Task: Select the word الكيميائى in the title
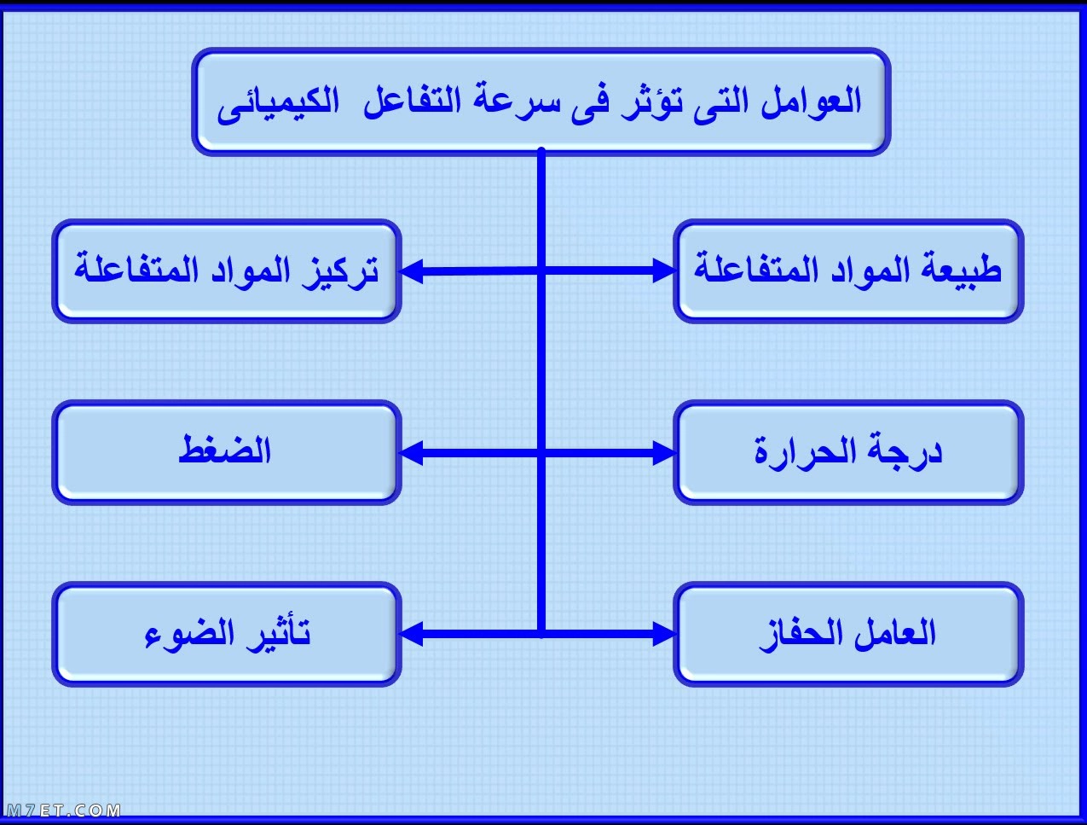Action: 278,105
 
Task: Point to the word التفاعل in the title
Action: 412,102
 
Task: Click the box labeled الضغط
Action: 226,452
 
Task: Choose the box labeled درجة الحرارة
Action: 848,452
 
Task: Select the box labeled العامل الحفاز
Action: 848,634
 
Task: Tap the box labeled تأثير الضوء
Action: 226,634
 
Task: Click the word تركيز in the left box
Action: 341,270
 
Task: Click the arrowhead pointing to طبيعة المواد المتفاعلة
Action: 664,270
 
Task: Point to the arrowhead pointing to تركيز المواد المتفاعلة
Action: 411,271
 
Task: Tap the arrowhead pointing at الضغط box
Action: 411,453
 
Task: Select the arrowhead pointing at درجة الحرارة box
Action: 664,453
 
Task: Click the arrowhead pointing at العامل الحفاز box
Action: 664,634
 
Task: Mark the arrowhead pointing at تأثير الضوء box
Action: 411,634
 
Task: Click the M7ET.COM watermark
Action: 63,810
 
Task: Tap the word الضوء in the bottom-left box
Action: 189,633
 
